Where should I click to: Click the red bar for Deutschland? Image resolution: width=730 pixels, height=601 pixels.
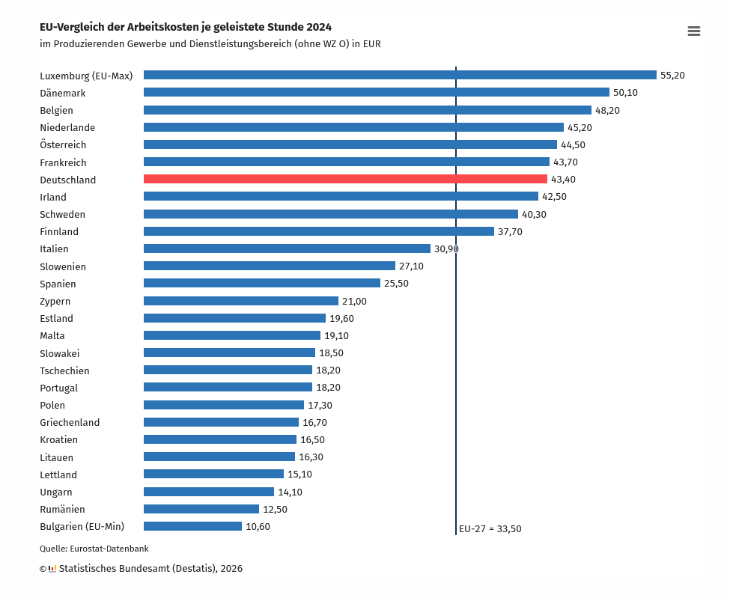[345, 180]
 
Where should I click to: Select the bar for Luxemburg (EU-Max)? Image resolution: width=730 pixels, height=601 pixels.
[400, 75]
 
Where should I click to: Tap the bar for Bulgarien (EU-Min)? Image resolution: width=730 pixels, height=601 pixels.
[192, 526]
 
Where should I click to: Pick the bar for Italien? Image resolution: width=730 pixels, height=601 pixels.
[287, 248]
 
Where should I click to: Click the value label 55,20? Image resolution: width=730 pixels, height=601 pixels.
[672, 75]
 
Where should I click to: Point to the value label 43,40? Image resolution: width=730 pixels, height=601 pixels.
[563, 180]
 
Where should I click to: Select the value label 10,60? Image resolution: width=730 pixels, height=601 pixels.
[258, 526]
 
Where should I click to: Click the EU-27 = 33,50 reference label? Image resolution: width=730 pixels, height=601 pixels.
[490, 528]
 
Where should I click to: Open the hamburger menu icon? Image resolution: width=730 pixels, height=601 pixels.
[693, 31]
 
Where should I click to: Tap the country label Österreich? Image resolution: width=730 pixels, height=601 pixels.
[63, 145]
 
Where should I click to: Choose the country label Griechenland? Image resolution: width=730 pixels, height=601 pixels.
[70, 423]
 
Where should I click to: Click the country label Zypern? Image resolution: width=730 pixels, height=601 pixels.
[55, 302]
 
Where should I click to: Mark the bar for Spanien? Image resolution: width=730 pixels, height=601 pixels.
[262, 283]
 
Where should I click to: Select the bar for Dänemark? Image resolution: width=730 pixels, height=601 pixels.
[377, 92]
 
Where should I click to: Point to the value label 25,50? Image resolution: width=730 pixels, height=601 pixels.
[396, 284]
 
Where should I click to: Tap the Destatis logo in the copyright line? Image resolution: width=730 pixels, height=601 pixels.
[52, 569]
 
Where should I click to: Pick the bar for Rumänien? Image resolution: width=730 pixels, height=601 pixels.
[201, 509]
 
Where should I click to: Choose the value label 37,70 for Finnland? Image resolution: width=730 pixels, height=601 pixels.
[510, 232]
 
